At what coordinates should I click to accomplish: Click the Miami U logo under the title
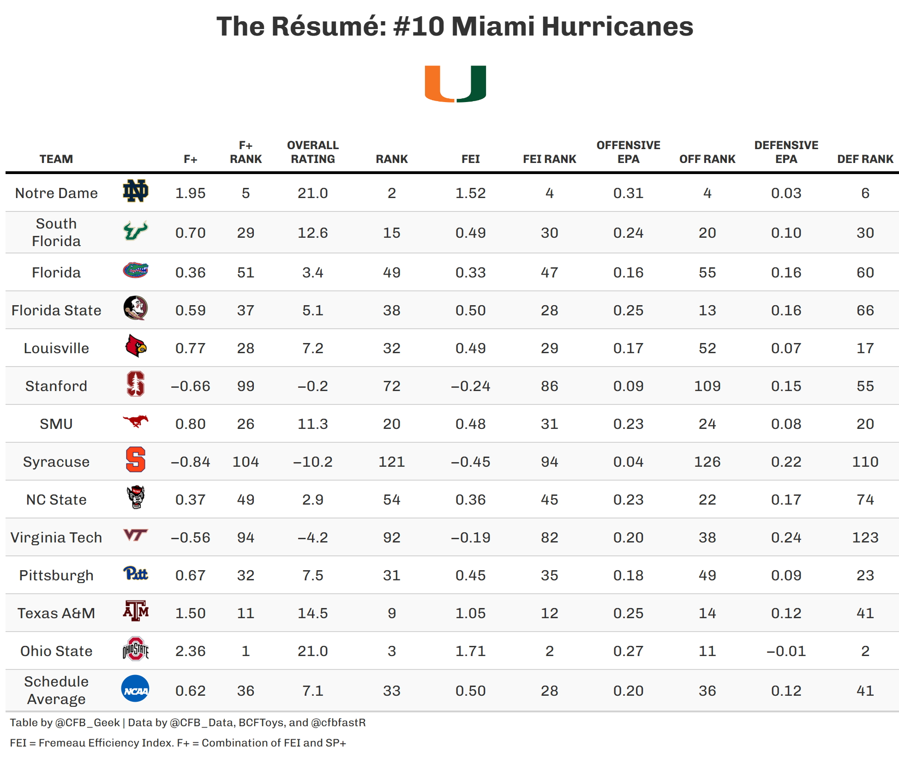(455, 84)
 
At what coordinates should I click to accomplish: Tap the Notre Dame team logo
(135, 191)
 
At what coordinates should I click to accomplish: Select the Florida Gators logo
(135, 270)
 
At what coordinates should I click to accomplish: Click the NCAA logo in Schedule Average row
(135, 689)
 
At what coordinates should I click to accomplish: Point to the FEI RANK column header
(549, 159)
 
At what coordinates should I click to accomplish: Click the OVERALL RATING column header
(312, 152)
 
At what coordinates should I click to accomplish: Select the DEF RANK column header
(865, 159)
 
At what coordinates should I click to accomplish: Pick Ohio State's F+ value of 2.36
(190, 651)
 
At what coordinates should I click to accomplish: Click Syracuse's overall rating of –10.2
(312, 462)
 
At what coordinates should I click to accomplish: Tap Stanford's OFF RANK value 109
(707, 386)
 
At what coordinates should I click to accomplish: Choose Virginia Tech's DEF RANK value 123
(865, 537)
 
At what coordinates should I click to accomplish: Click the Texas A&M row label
(56, 613)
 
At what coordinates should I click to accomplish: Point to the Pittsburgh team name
(56, 575)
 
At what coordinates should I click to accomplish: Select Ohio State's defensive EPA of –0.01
(786, 651)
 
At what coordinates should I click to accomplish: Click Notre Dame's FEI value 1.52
(470, 193)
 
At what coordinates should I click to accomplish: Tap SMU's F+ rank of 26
(246, 424)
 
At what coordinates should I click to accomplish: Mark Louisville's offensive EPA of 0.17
(628, 348)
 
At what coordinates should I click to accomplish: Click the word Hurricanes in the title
(617, 26)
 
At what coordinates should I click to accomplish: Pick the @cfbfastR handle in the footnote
(338, 723)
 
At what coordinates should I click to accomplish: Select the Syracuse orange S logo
(135, 460)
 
